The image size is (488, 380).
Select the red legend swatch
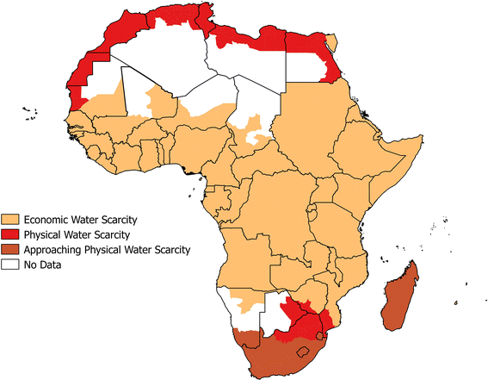[x=11, y=235]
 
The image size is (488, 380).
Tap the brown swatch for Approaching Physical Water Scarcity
[x=11, y=251]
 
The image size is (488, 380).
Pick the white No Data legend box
[x=11, y=265]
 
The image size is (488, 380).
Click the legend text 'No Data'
[x=42, y=265]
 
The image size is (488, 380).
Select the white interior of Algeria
[x=164, y=69]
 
